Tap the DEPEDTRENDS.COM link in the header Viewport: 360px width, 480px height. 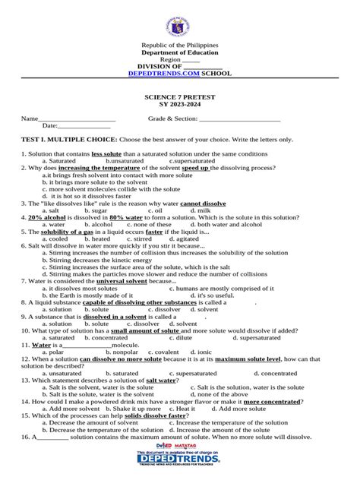pyautogui.click(x=156, y=73)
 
